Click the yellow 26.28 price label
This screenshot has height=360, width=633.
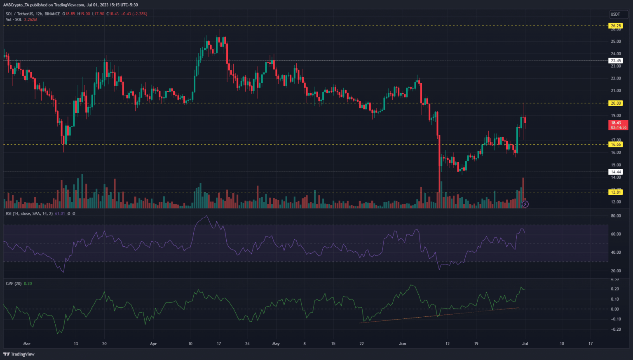click(x=616, y=26)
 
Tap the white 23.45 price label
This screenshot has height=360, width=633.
click(x=616, y=61)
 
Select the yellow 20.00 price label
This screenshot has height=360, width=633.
click(x=616, y=103)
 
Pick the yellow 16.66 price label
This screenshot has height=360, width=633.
click(x=616, y=144)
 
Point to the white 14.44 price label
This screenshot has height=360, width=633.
click(x=616, y=172)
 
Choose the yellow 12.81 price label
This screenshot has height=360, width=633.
click(x=616, y=192)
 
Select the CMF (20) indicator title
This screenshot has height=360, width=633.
click(x=14, y=283)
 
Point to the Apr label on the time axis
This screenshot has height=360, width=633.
click(x=153, y=344)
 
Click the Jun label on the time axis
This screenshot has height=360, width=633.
click(x=403, y=344)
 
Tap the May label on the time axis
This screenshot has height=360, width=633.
click(x=276, y=344)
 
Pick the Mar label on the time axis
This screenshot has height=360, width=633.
click(x=27, y=344)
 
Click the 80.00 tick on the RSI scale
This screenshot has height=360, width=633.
click(x=616, y=216)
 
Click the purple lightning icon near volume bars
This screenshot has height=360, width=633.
click(x=525, y=204)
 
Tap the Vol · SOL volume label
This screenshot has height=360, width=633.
click(x=14, y=19)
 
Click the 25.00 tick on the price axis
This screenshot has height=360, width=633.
click(x=616, y=42)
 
